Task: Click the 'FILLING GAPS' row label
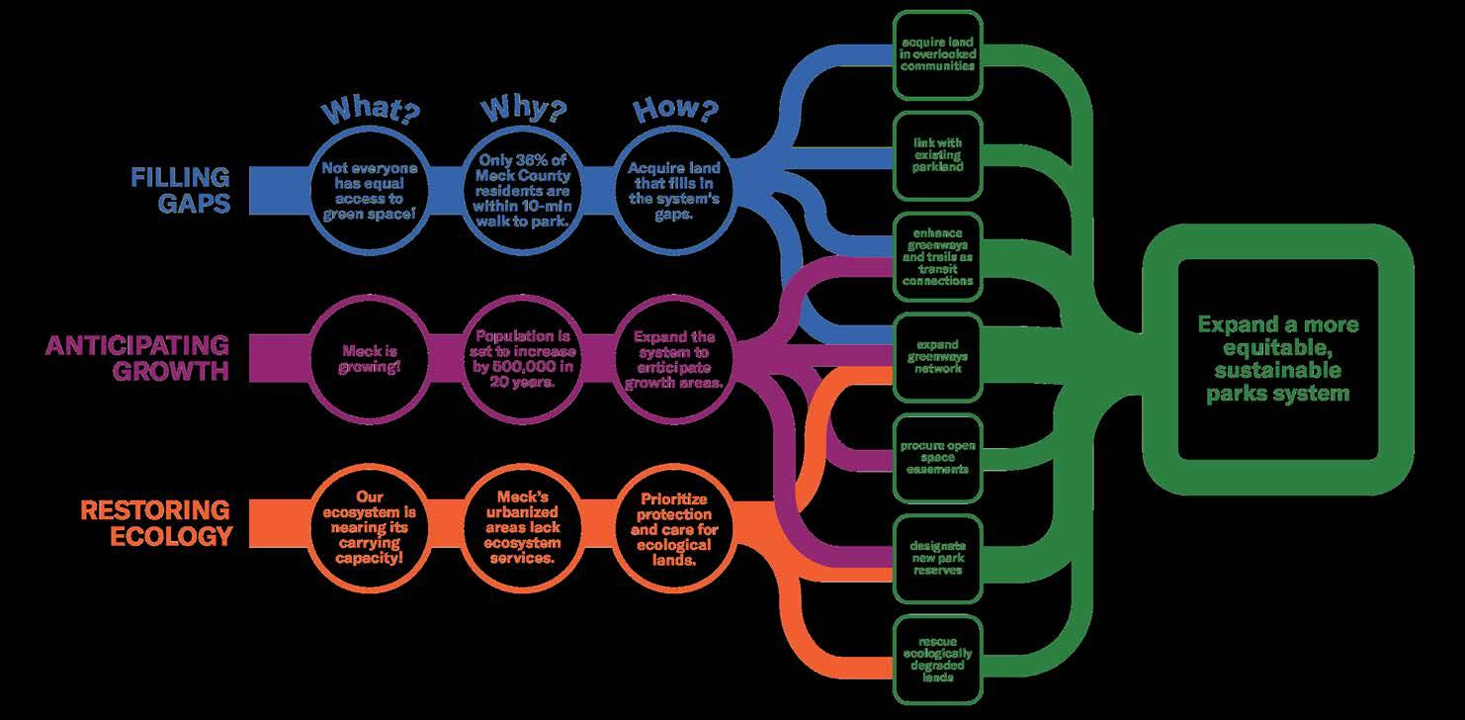[x=180, y=190]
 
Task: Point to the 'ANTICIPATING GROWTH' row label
[x=137, y=358]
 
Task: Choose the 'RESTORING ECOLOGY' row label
[x=155, y=522]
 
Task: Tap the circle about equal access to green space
[x=370, y=190]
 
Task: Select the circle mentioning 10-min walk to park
[x=523, y=190]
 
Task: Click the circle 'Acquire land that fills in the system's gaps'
[x=677, y=190]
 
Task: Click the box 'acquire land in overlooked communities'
[x=937, y=55]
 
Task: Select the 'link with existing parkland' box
[x=937, y=155]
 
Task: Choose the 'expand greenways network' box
[x=937, y=357]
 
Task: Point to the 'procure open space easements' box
[x=937, y=457]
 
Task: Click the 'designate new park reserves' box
[x=937, y=558]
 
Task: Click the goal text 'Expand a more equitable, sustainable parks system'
[x=1277, y=358]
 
